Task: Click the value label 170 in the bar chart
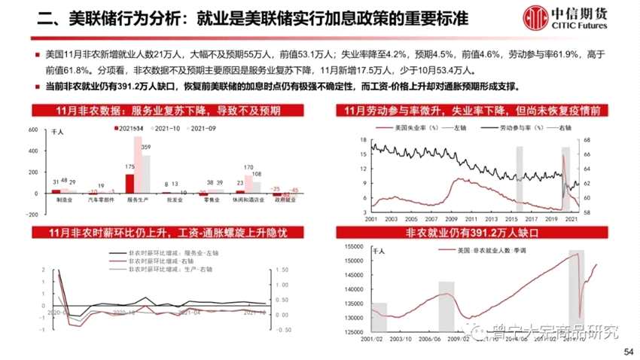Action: (x=248, y=167)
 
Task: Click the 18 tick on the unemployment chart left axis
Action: (x=364, y=140)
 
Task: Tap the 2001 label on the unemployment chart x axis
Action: (x=370, y=220)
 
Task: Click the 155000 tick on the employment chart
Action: (x=353, y=246)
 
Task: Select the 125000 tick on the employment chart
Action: (x=353, y=333)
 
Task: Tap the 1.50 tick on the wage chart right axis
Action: (x=283, y=269)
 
